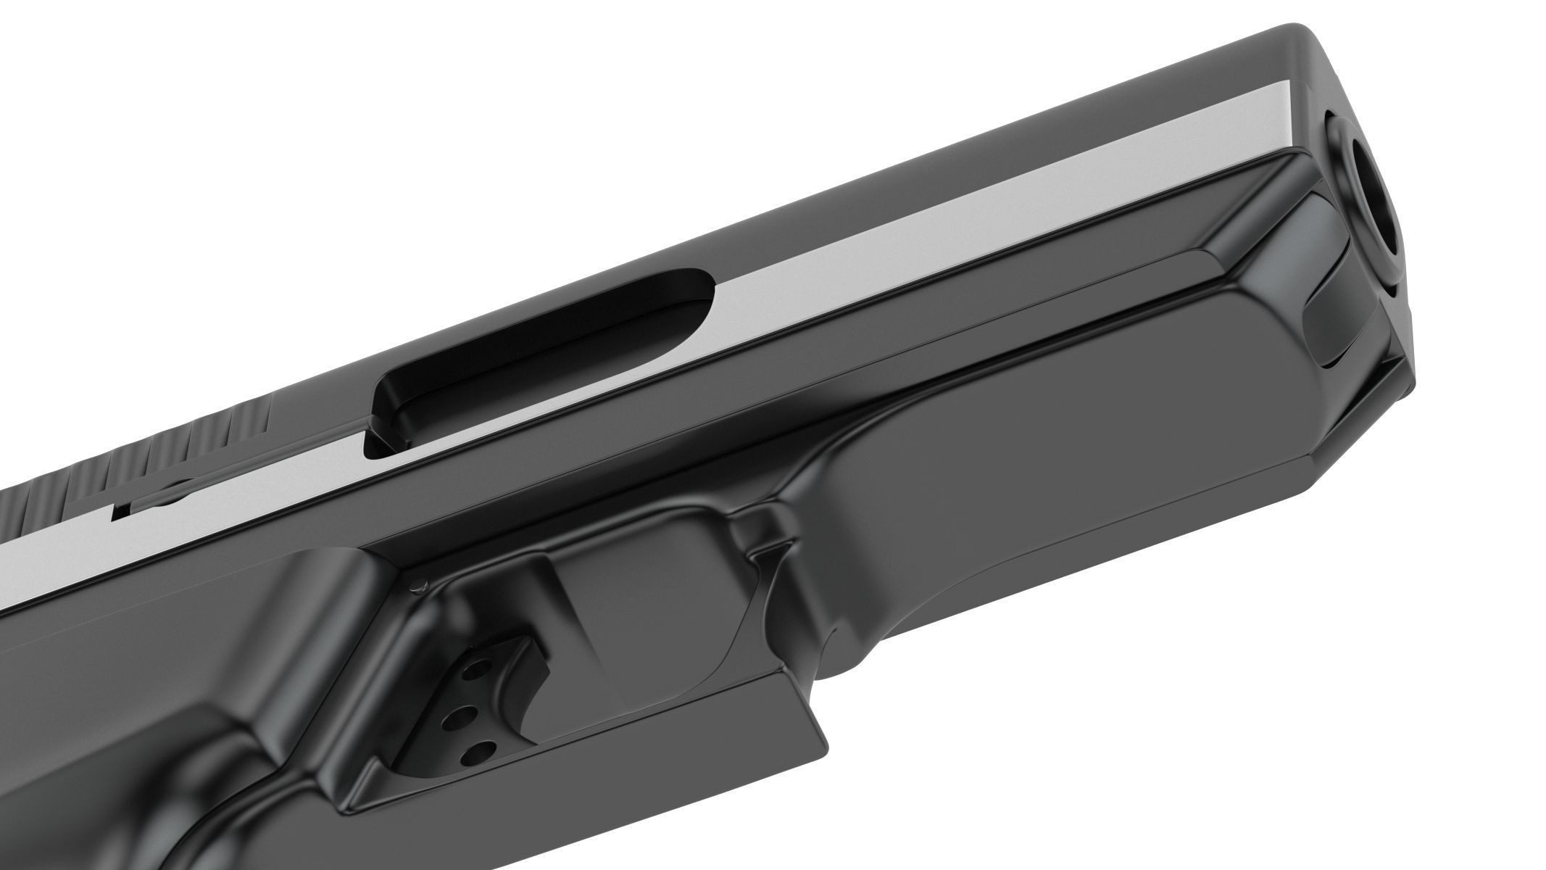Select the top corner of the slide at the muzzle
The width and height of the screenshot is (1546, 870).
(1297, 33)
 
